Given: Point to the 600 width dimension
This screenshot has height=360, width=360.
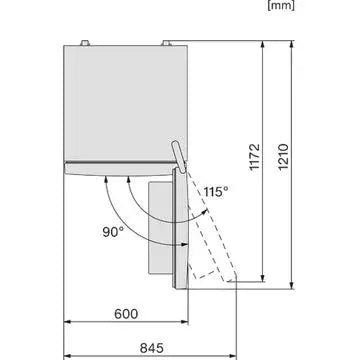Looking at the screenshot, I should coord(126,313).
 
